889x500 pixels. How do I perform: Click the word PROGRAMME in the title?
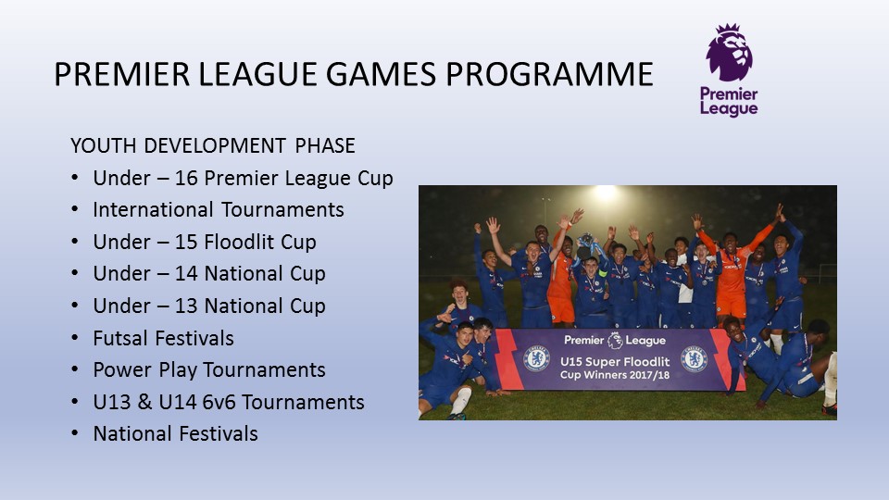click(549, 74)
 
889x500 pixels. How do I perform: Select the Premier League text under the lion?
click(729, 102)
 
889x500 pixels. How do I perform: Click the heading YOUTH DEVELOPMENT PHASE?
click(213, 145)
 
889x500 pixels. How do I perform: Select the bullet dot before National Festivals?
click(75, 433)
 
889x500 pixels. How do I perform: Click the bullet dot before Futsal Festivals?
click(75, 338)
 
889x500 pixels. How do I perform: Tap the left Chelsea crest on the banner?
click(536, 358)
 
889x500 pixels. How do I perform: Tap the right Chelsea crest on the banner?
click(694, 359)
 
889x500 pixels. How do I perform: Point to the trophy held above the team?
click(584, 245)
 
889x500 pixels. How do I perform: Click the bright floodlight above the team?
click(605, 194)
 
